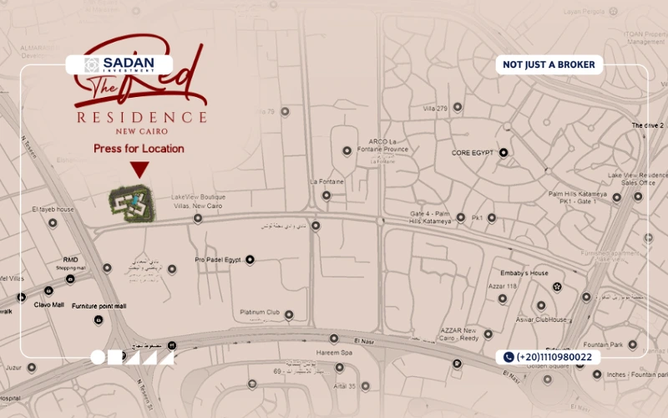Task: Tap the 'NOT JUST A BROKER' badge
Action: point(549,64)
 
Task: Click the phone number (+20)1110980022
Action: point(549,357)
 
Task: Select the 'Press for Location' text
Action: point(139,149)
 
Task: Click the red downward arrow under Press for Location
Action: point(139,170)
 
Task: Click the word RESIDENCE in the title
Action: point(142,117)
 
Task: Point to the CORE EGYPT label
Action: point(473,153)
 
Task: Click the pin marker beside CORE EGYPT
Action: point(504,153)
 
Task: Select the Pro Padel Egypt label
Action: point(217,260)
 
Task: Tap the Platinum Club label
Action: point(260,313)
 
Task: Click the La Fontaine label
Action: point(326,181)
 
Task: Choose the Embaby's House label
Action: point(526,273)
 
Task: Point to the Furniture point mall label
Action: point(99,306)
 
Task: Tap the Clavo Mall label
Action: point(49,304)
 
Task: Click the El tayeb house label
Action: point(53,209)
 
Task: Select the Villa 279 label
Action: point(436,109)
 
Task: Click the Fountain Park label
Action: point(604,344)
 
